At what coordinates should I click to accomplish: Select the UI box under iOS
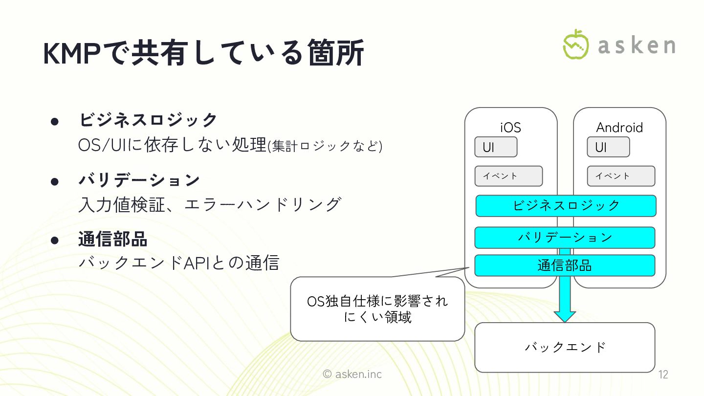(495, 147)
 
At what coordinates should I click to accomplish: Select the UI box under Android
(608, 147)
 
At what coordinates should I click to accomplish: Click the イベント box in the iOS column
(508, 176)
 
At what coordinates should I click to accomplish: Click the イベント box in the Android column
(621, 176)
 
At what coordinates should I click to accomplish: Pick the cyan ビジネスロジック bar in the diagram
(566, 206)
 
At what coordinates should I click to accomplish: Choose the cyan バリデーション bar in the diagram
(565, 238)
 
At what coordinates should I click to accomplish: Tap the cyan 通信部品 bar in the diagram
(565, 265)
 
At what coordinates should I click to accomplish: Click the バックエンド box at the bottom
(565, 347)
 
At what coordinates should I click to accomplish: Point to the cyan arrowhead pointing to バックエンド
(565, 315)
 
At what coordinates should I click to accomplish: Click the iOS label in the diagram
(510, 128)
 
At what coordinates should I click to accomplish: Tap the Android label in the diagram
(619, 128)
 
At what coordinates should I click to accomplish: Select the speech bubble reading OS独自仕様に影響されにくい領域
(377, 309)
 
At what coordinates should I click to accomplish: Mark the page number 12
(663, 375)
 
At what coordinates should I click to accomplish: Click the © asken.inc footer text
(352, 374)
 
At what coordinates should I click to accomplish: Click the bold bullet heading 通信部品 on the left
(113, 240)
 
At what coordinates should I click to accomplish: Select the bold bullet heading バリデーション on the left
(139, 180)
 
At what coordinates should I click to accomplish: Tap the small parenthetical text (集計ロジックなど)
(325, 146)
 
